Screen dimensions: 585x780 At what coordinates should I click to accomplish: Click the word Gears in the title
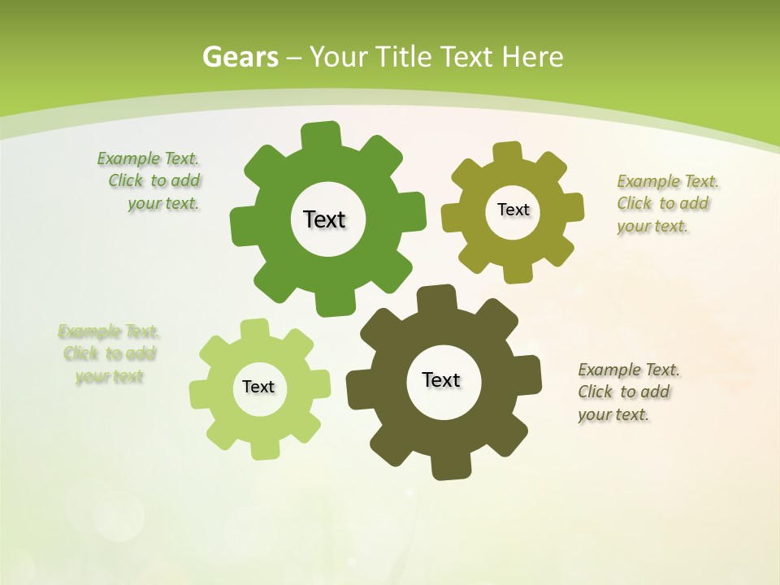240,57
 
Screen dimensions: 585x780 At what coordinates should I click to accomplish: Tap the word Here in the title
532,57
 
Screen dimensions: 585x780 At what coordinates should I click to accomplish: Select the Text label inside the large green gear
325,219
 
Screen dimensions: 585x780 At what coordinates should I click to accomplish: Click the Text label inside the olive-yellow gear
513,210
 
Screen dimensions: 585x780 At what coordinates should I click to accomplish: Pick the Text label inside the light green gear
258,387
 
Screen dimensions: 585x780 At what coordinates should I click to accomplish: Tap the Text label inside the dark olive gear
441,379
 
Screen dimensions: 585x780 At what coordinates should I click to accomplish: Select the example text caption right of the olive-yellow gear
667,203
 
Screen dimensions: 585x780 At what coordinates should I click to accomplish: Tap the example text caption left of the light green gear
109,353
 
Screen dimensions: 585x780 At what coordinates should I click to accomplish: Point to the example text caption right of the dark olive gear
628,392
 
